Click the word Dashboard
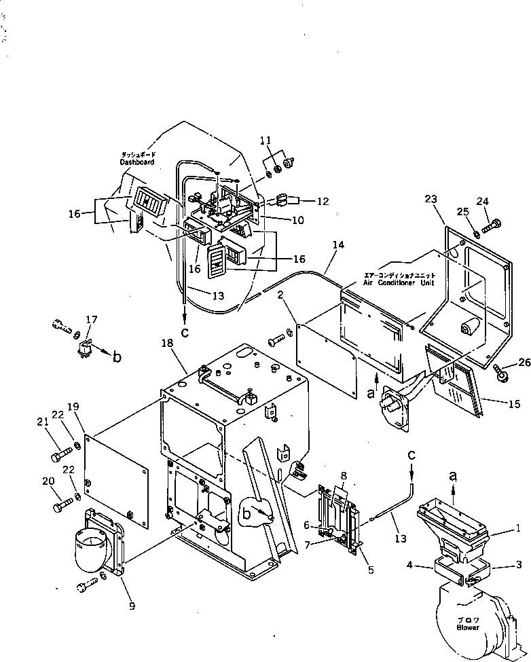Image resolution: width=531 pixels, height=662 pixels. click(x=137, y=163)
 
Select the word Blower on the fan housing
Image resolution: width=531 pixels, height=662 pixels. click(x=467, y=627)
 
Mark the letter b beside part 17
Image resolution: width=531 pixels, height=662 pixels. click(x=117, y=357)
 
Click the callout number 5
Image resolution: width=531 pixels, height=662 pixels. click(x=370, y=569)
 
